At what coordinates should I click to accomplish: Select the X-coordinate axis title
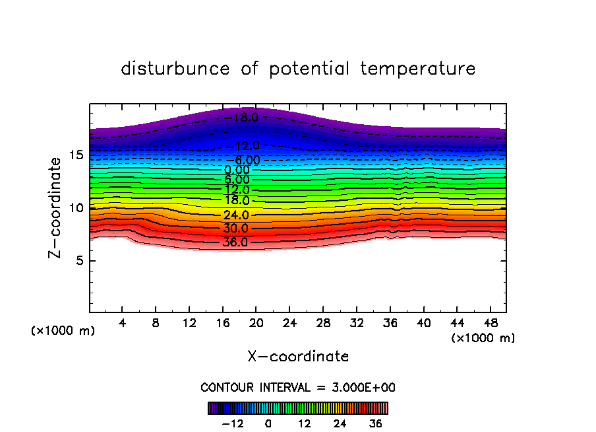(x=298, y=357)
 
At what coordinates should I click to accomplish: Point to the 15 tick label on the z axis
(x=75, y=155)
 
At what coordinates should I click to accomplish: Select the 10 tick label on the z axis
(x=75, y=208)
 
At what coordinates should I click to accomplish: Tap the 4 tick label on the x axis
(x=123, y=323)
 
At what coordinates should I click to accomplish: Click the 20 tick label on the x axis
(x=256, y=323)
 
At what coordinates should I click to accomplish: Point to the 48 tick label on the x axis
(x=489, y=323)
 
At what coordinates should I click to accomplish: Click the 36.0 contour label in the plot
(x=235, y=242)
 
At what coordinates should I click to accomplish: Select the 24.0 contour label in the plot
(x=235, y=215)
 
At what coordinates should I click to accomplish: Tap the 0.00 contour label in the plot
(x=237, y=170)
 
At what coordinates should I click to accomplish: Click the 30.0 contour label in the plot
(x=235, y=229)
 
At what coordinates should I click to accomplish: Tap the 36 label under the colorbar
(x=375, y=423)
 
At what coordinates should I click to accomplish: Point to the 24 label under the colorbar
(x=340, y=423)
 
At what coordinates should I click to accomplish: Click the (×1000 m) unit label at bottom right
(x=483, y=338)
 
